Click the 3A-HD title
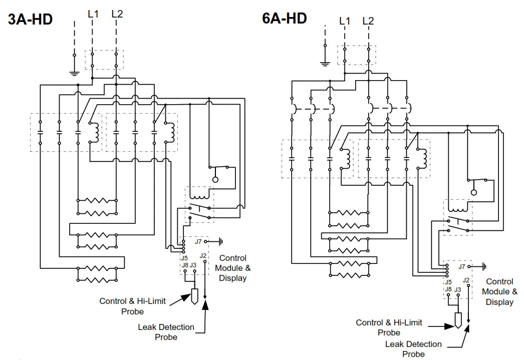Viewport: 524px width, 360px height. pos(30,20)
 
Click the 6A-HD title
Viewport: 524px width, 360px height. pos(284,19)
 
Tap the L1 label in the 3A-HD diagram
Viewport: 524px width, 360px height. pos(93,14)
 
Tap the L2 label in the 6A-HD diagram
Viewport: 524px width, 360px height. pos(368,21)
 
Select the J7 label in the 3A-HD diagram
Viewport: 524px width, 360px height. pos(198,242)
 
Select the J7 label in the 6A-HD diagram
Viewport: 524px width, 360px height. pos(461,267)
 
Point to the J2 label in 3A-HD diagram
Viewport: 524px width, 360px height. pos(203,256)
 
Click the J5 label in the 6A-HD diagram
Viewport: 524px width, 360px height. pos(448,282)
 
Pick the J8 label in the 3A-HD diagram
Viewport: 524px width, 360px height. pos(185,265)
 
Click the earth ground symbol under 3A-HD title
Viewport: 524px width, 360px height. pos(74,73)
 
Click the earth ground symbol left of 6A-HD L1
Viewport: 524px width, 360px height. pos(325,63)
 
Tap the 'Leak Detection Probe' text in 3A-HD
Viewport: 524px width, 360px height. pos(166,332)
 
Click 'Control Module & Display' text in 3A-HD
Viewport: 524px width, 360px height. pos(233,268)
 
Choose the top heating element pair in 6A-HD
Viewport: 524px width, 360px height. pos(349,217)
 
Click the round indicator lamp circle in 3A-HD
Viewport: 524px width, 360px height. pos(215,179)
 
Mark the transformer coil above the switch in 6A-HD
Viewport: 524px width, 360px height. pos(456,206)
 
